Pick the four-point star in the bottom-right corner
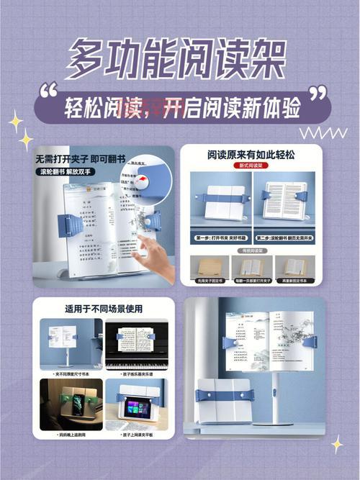337,445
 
